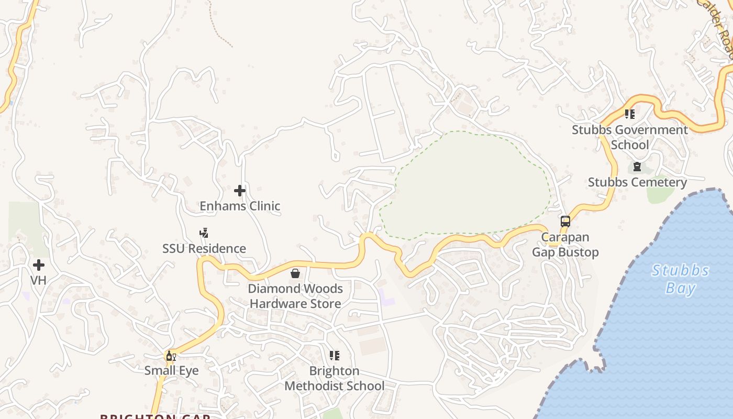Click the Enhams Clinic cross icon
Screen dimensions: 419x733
[x=240, y=191]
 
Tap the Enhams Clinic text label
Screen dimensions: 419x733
[x=240, y=206]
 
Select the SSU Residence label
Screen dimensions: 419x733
[x=204, y=249]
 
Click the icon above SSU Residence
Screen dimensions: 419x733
[x=204, y=233]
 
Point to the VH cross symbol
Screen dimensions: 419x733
[x=38, y=265]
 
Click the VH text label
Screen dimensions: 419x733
[x=38, y=281]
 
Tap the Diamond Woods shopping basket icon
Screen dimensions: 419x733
[x=295, y=273]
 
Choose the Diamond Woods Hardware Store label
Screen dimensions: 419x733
[x=295, y=296]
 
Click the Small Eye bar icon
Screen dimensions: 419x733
[x=171, y=356]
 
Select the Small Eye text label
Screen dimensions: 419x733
[x=171, y=371]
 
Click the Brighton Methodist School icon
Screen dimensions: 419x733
[x=335, y=356]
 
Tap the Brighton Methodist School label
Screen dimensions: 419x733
[x=335, y=379]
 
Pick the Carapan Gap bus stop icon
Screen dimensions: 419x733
[x=565, y=222]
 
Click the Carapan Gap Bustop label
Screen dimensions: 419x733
[x=565, y=245]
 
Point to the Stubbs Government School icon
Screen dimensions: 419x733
[x=630, y=114]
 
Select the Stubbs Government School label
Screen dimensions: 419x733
[x=630, y=137]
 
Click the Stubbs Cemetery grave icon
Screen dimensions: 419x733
[x=637, y=167]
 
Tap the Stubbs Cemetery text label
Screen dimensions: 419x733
[x=637, y=182]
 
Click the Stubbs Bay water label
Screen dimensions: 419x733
[x=680, y=279]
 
